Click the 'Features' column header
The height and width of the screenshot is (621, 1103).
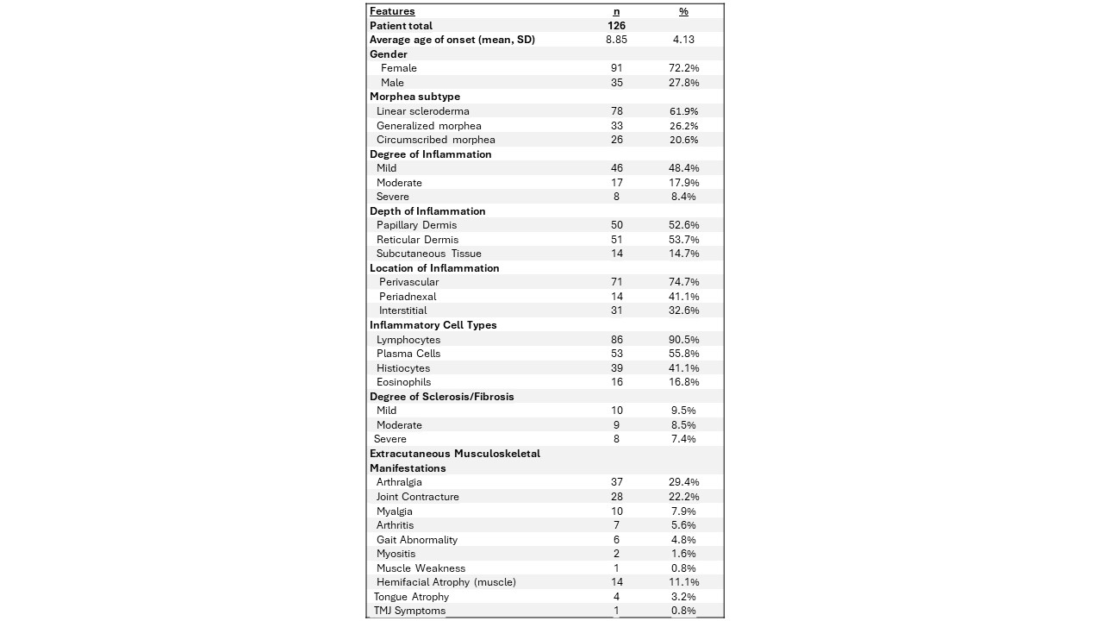[x=392, y=11]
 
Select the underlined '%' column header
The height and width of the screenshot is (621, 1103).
[x=683, y=11]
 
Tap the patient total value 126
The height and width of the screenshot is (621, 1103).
[x=615, y=26]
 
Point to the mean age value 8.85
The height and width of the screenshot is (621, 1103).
[x=615, y=40]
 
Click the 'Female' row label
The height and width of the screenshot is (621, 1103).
[x=398, y=68]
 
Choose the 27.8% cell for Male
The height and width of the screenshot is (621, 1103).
[x=683, y=83]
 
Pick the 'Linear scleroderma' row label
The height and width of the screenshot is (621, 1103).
[x=422, y=111]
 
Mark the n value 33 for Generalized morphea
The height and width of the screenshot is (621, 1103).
[x=615, y=126]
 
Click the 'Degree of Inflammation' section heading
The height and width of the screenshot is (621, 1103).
[x=430, y=154]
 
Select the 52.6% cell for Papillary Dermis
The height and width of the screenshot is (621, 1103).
[x=683, y=225]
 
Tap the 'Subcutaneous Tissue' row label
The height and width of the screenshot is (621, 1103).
[x=428, y=254]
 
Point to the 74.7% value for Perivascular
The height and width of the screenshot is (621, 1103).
[x=683, y=282]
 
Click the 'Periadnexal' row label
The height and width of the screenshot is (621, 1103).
[x=408, y=297]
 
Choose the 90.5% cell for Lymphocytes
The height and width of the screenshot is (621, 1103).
[x=683, y=340]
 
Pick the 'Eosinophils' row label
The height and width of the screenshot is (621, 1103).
[x=403, y=382]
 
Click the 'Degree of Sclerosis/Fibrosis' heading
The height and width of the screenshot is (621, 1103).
[x=441, y=397]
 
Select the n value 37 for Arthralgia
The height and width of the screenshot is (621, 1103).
[x=615, y=482]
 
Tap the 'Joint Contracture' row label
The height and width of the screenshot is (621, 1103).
[x=417, y=497]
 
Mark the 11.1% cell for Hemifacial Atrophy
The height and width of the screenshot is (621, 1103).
[x=683, y=582]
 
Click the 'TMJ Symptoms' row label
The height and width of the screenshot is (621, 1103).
[x=409, y=611]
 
